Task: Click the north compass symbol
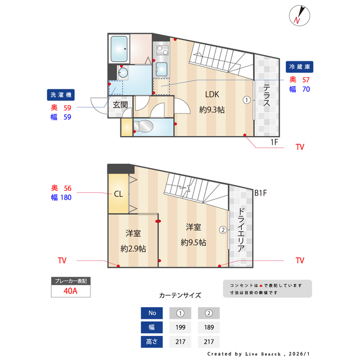point(298,15)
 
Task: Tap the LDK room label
point(211,94)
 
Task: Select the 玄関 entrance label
point(120,104)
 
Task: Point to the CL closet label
point(118,194)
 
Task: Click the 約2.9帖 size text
point(133,248)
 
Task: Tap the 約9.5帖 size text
point(193,242)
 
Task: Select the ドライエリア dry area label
point(241,229)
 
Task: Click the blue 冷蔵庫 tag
point(299,66)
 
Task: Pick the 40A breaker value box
point(70,291)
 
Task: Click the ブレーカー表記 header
point(70,281)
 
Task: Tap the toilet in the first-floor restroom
point(143,125)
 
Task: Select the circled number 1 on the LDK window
point(246,100)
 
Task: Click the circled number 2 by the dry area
point(223,229)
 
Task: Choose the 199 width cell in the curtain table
point(180,327)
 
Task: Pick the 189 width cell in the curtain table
point(208,327)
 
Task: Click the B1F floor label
point(260,193)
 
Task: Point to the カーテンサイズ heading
point(180,295)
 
